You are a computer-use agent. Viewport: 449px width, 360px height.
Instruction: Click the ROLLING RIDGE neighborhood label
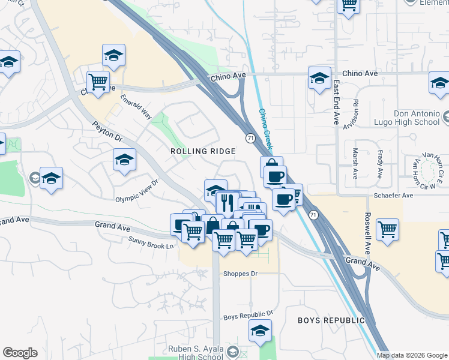tap(203, 152)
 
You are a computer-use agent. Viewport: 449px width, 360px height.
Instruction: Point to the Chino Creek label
tap(265, 128)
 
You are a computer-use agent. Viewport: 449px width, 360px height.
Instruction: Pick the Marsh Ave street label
tap(355, 160)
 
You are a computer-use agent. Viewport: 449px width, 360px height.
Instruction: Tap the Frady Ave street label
tap(380, 164)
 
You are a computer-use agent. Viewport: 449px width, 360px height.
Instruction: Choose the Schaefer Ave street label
tap(394, 196)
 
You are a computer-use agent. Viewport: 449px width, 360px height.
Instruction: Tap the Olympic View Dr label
tap(137, 191)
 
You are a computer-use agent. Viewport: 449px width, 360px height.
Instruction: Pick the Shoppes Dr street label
tap(240, 274)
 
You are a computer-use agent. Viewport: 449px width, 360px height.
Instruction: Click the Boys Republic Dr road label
tap(248, 314)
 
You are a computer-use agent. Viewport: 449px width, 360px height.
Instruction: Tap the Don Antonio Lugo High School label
tap(408, 118)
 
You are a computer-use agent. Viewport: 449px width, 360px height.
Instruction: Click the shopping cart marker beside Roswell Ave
tap(388, 229)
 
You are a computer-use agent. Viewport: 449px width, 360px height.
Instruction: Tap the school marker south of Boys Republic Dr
tap(260, 331)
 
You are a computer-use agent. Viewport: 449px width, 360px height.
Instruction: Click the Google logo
tap(20, 353)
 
